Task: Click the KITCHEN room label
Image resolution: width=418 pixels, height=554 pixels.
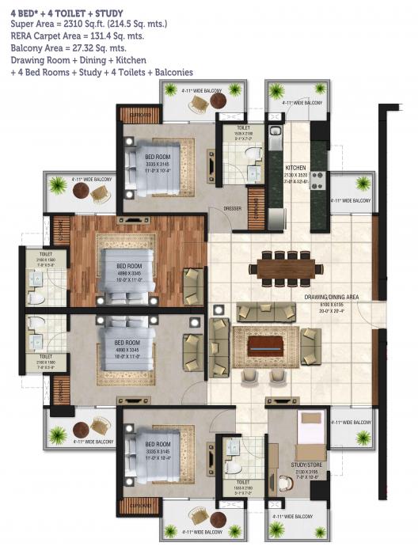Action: tap(294, 168)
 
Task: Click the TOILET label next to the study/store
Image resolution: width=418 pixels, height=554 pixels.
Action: tap(242, 480)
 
